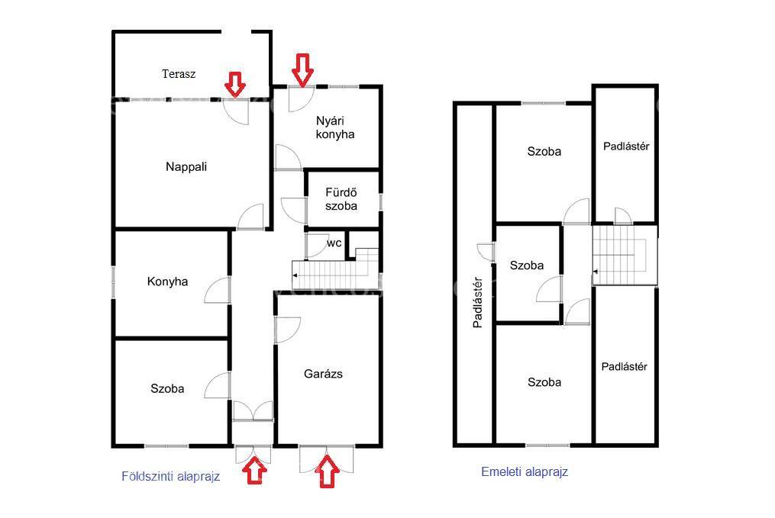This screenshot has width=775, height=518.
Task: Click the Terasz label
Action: [179, 74]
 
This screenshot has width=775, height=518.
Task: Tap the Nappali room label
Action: [186, 167]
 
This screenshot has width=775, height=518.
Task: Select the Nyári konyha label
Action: [334, 127]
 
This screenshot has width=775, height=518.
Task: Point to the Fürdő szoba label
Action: [341, 199]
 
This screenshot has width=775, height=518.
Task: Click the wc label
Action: [334, 243]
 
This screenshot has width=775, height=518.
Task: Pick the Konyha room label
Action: [167, 282]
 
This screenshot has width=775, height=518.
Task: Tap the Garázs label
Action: [323, 374]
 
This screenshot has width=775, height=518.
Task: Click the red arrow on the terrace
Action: [234, 84]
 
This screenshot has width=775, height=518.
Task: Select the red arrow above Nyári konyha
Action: [302, 69]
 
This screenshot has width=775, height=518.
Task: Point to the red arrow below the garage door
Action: [328, 471]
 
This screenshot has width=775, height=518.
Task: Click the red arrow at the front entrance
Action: [255, 471]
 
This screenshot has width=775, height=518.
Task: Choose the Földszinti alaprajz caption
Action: [170, 477]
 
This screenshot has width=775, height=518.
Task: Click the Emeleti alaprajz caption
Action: [525, 471]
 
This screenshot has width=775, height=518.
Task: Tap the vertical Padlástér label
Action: [477, 302]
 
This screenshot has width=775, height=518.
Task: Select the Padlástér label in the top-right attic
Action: [626, 146]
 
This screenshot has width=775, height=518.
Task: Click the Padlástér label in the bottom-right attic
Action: [625, 366]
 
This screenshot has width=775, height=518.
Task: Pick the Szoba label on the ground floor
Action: [167, 388]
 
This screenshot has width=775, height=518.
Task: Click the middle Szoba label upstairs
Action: [527, 265]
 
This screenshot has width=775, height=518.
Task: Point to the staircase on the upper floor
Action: [625, 255]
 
